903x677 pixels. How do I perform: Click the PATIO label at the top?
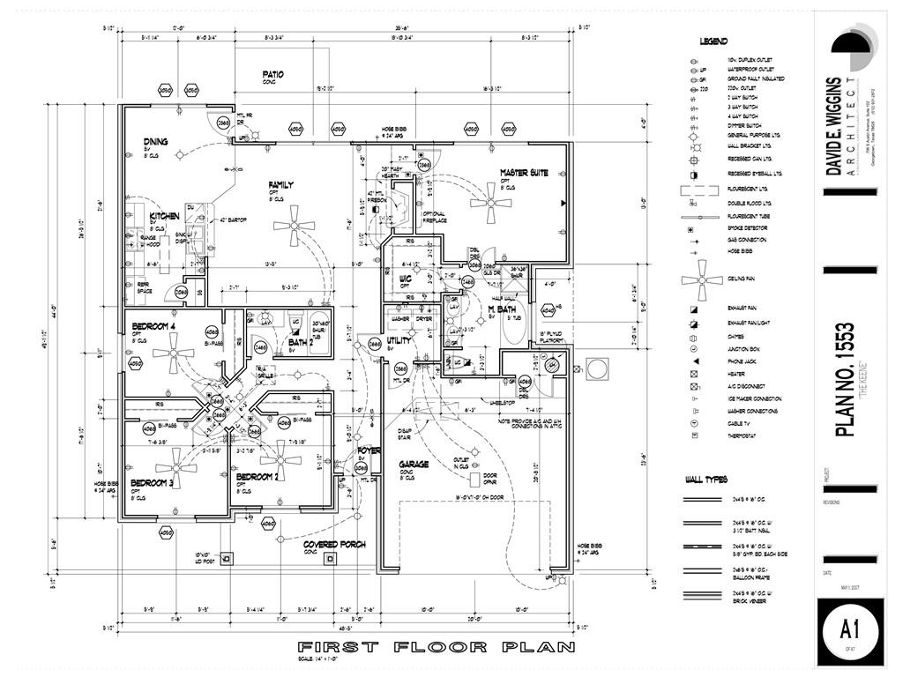pos(272,74)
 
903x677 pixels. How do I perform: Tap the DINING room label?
pos(156,141)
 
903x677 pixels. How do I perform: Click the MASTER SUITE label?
pos(524,173)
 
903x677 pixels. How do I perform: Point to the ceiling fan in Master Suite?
pos(491,202)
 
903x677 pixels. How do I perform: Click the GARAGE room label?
pos(413,464)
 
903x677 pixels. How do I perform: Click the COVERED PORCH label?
pos(333,544)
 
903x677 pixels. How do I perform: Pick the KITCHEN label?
pos(164,216)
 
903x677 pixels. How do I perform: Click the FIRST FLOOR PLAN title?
pos(436,647)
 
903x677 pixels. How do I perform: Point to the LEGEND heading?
pos(713,41)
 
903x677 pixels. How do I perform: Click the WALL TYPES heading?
pos(705,480)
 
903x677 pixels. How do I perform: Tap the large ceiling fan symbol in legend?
pos(702,280)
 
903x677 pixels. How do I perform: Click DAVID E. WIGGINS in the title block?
pos(833,127)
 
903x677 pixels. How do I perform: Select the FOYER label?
pos(369,450)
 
